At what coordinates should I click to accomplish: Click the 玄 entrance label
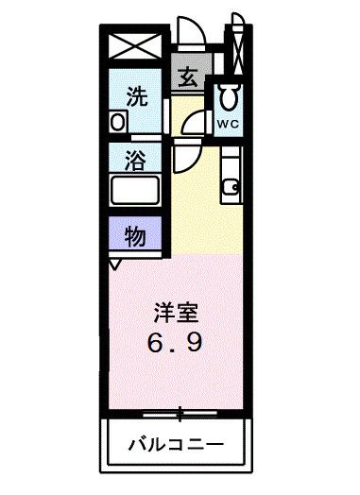[188, 77]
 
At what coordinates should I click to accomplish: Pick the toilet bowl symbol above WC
[229, 95]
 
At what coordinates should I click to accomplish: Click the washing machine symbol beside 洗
[118, 122]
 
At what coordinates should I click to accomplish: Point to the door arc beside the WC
[196, 122]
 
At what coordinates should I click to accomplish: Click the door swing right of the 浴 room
[180, 159]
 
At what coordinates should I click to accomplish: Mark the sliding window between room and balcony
[179, 412]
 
